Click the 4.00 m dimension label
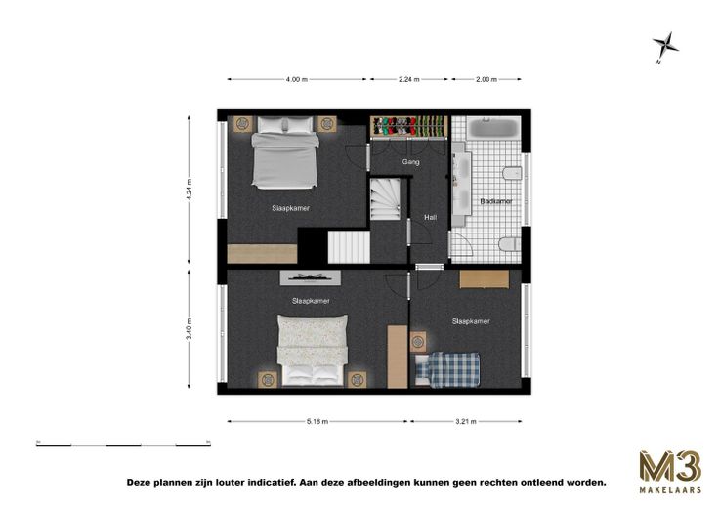pos(296,79)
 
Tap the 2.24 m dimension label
pos(408,79)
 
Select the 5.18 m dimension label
pos(317,422)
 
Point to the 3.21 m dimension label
pos(466,422)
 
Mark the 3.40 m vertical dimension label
pos(189,329)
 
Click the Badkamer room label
pos(495,201)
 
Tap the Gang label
pos(410,162)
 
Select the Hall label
pos(430,217)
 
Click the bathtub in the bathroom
pos(494,127)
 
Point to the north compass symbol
pos(665,47)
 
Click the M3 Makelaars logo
pos(670,472)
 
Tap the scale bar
pos(123,443)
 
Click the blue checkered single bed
pos(447,370)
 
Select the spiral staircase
pos(385,199)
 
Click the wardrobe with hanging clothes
pos(408,127)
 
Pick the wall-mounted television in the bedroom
pos(311,277)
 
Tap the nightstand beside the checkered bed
pos(418,342)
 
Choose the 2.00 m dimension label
pos(486,79)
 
